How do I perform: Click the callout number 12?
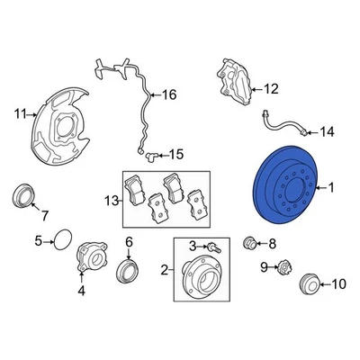click(x=271, y=89)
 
